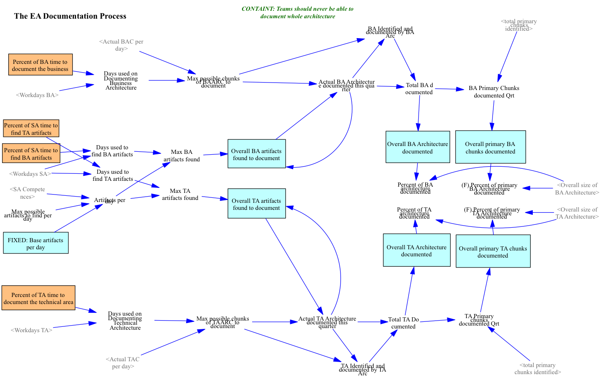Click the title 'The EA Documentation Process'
tap(70, 16)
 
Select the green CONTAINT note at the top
tap(297, 12)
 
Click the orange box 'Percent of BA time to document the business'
tap(40, 65)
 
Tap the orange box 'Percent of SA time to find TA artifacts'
tap(31, 129)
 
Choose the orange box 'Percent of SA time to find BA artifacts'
tap(31, 153)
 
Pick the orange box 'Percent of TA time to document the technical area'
tap(38, 298)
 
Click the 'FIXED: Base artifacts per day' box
tap(36, 243)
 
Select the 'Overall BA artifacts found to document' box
tap(256, 154)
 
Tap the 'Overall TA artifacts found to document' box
tap(256, 204)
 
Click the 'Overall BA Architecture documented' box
tap(417, 147)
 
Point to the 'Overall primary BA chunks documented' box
tap(490, 147)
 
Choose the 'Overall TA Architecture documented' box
tap(417, 251)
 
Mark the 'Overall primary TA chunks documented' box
tap(493, 251)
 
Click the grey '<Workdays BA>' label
tap(37, 95)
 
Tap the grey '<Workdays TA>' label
tap(32, 330)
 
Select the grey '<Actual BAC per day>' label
tap(121, 45)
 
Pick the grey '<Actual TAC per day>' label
tap(123, 362)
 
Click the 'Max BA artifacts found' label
tap(181, 155)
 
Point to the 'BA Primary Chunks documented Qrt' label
tap(494, 91)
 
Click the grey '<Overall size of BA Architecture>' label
tap(577, 188)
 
